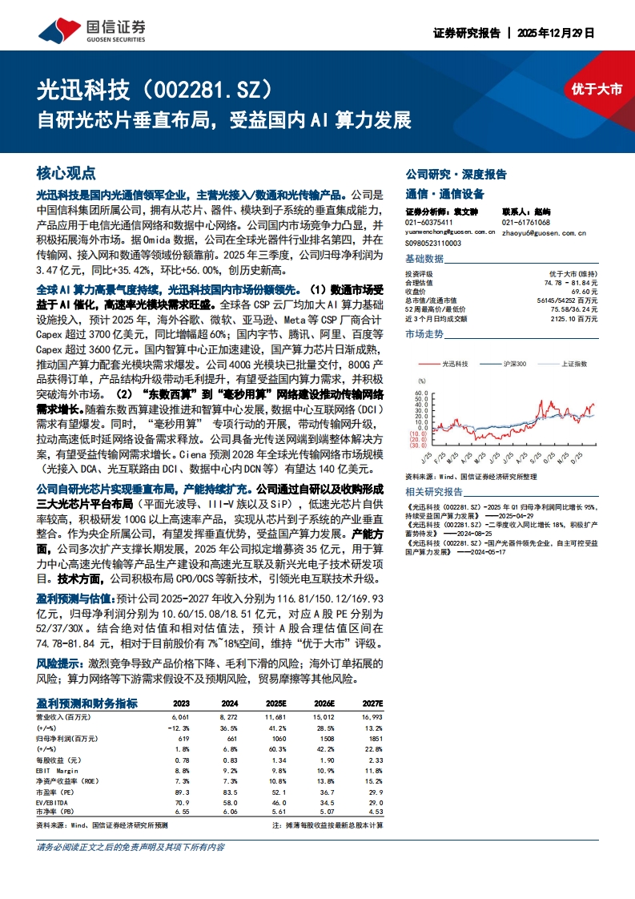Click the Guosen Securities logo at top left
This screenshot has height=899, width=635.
92,30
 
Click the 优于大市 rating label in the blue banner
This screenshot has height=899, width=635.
597,90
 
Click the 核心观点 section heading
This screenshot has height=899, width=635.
66,173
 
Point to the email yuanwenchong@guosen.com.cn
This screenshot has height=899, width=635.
450,232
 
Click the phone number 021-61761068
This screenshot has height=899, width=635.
526,223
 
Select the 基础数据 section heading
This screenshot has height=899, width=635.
424,259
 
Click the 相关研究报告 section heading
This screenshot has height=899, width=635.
434,491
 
